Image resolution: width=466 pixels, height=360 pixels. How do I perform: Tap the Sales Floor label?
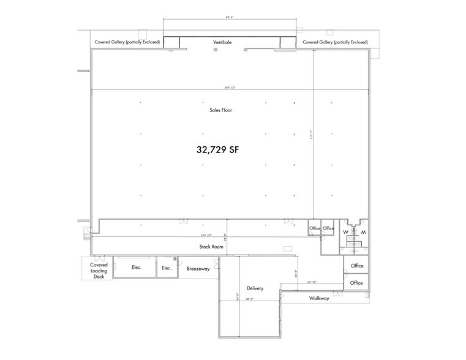220,110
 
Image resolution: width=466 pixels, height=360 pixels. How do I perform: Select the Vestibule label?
230,42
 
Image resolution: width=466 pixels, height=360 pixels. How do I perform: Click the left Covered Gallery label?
127,42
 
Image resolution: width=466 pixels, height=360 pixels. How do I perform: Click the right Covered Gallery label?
335,42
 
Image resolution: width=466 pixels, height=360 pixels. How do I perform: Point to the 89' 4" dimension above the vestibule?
230,18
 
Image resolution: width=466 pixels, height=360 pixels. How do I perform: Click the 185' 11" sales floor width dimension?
230,88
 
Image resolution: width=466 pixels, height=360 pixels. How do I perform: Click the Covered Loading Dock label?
99,270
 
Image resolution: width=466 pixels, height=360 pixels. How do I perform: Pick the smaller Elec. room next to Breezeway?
166,268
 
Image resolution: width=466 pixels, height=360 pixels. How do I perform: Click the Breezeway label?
198,268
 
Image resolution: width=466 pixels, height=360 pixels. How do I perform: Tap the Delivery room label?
255,288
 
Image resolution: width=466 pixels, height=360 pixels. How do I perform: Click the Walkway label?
318,298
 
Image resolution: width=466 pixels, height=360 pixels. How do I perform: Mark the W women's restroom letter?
345,233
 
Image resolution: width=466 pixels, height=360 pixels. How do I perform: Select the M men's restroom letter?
363,233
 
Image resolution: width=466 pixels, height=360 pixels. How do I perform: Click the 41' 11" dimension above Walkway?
311,282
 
